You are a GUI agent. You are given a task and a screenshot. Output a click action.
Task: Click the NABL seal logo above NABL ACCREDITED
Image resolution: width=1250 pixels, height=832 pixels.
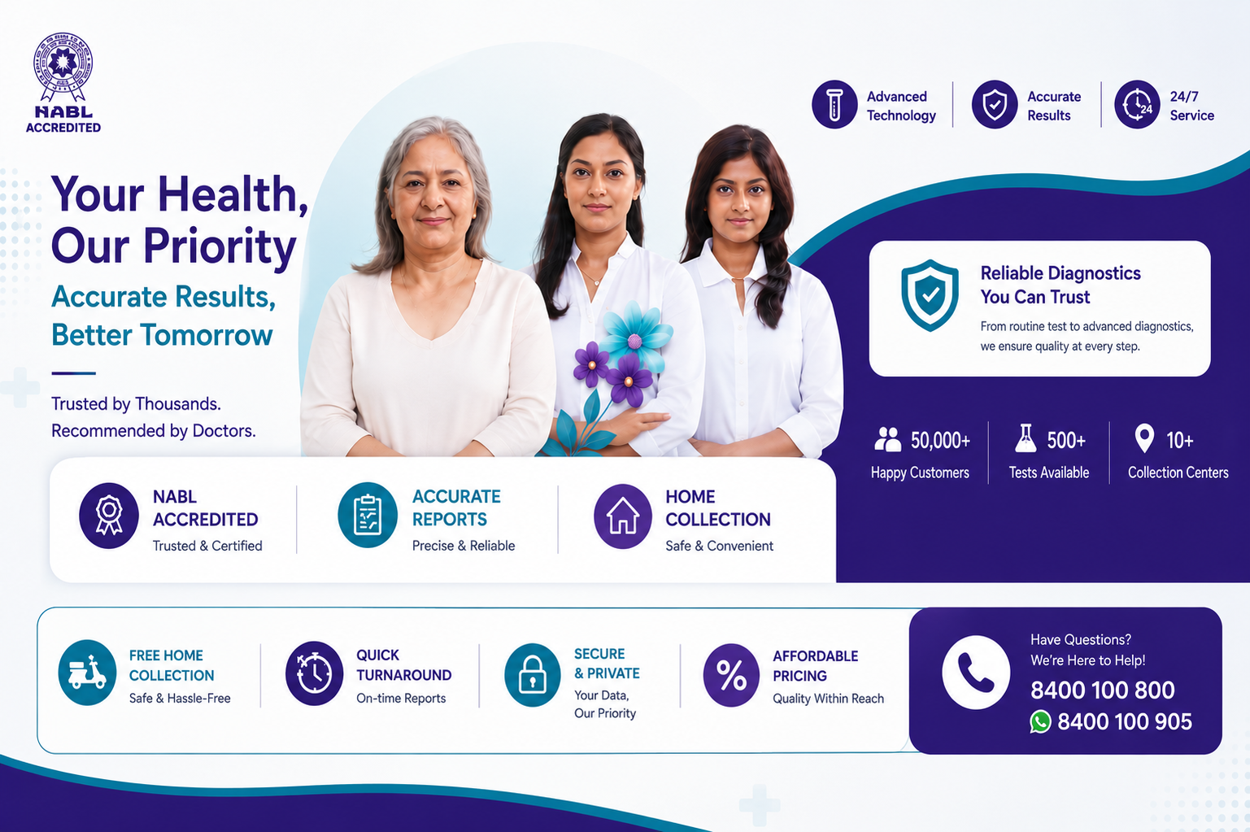(x=63, y=67)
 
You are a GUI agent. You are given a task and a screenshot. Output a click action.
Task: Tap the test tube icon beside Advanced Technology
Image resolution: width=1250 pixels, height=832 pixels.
(x=834, y=104)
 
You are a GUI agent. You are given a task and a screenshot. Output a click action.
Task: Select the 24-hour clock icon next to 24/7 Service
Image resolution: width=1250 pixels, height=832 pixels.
(x=1137, y=104)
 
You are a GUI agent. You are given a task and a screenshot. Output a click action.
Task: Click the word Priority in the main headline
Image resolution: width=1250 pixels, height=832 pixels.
(x=220, y=246)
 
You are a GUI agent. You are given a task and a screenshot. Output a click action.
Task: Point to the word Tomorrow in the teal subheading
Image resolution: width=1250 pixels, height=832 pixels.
(x=207, y=335)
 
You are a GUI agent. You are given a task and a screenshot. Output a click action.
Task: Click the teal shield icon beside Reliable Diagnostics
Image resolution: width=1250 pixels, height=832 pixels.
(x=930, y=295)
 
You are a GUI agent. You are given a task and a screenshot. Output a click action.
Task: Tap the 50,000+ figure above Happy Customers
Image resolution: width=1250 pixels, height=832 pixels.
(x=940, y=440)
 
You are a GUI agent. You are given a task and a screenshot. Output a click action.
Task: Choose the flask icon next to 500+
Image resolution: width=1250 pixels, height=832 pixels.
(x=1026, y=438)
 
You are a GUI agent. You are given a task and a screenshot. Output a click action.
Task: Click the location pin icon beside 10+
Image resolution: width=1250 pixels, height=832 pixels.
(x=1144, y=438)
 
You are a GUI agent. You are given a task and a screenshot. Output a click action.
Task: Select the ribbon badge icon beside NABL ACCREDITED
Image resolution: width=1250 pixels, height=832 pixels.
(x=109, y=516)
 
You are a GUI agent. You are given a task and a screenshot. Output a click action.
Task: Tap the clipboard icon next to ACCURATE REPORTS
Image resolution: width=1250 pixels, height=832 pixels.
(x=367, y=515)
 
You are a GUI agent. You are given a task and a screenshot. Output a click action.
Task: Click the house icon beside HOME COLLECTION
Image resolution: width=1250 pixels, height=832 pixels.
(x=623, y=516)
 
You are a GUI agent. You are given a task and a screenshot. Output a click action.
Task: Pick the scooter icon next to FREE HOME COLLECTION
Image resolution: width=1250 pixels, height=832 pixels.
(x=87, y=673)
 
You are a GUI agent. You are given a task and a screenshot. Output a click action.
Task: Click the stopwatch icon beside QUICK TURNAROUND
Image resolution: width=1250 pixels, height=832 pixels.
(x=314, y=673)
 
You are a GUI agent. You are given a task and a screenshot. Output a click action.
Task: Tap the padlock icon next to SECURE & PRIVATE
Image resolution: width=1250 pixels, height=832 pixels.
(x=533, y=675)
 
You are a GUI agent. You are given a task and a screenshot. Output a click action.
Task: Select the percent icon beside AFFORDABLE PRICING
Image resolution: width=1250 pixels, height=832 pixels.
(x=731, y=675)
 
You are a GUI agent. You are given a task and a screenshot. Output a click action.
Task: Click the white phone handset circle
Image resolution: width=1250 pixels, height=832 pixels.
(x=975, y=673)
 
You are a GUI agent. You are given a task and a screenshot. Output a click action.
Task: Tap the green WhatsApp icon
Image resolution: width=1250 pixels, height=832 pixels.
(x=1040, y=721)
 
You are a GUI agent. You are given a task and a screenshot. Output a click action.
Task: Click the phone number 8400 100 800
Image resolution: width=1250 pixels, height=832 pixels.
(x=1102, y=690)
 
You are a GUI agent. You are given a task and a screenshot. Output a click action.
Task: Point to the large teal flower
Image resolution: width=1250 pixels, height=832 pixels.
(x=636, y=337)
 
